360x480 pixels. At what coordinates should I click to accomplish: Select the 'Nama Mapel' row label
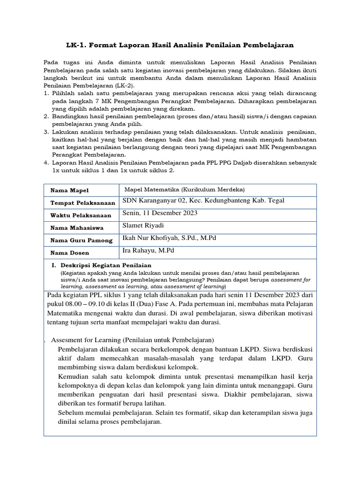(69, 190)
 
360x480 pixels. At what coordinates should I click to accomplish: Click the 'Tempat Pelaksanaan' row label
(82, 203)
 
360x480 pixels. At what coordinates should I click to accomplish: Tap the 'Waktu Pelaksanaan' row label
(81, 215)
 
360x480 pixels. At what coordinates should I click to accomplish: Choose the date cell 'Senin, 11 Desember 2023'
(160, 213)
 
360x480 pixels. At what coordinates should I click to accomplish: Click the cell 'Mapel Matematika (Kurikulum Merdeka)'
(185, 189)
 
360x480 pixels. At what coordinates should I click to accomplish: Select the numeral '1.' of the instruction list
(46, 94)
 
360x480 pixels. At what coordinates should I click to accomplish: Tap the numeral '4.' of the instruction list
(46, 163)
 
